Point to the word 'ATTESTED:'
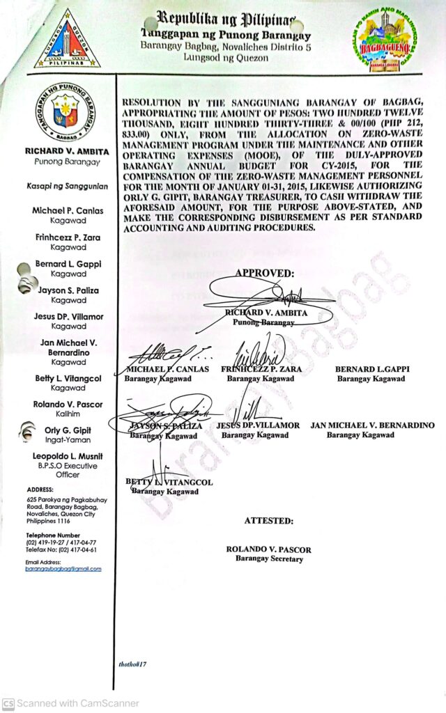point(268,521)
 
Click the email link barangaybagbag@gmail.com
point(63,569)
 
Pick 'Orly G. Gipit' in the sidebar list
point(68,430)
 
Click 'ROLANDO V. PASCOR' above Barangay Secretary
point(268,549)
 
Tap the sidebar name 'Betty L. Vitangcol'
point(68,378)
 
